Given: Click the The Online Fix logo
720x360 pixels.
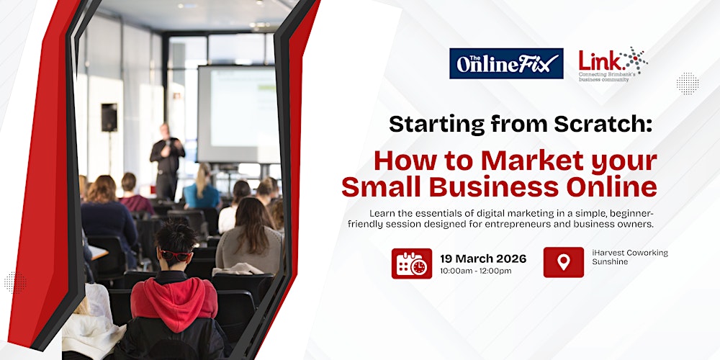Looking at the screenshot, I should pos(505,63).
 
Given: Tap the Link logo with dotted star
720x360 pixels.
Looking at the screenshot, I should pos(613,63).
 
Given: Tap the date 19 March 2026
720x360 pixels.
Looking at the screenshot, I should pos(484,258).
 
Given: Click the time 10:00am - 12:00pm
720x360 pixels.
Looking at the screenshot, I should pos(476,271).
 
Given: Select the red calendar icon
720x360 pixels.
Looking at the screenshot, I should pos(412,264).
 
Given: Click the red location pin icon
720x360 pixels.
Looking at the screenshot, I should pos(564,262).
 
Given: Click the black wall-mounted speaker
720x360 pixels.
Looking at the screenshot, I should pos(109,116).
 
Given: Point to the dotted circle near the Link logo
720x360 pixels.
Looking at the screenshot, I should pos(687,83).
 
